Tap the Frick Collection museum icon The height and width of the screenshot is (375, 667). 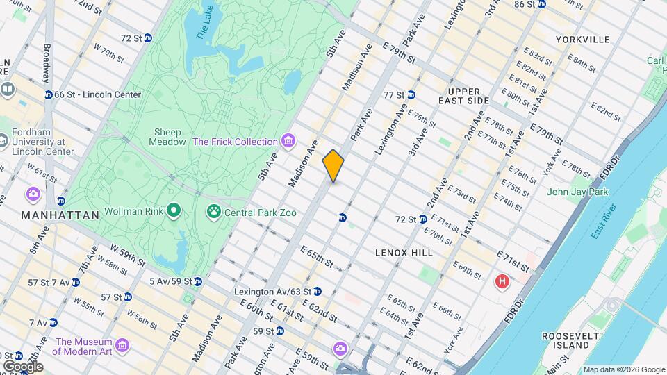(x=288, y=142)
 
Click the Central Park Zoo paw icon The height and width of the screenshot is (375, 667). (x=213, y=210)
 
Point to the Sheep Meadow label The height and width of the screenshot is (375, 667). (x=167, y=137)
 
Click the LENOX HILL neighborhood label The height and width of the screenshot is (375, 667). (x=404, y=253)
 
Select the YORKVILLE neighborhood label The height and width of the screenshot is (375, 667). (x=583, y=40)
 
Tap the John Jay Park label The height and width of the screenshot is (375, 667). (x=577, y=192)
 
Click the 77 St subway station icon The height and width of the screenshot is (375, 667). (x=411, y=95)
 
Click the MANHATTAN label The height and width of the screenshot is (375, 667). (x=60, y=215)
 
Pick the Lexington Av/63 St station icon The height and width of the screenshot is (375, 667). (x=318, y=292)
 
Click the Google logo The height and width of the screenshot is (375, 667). (x=23, y=366)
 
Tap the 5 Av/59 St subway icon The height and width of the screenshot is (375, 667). (x=198, y=281)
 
